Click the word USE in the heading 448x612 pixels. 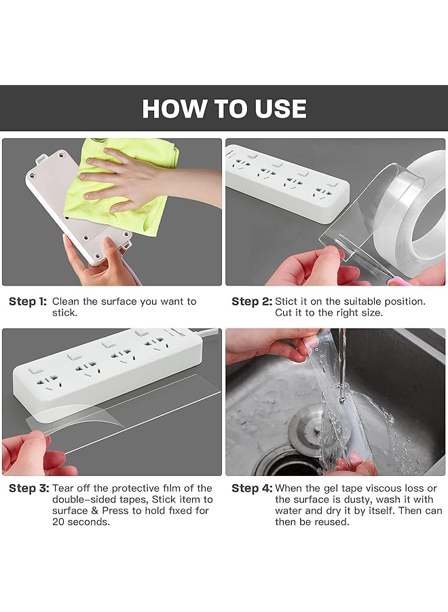coord(280,108)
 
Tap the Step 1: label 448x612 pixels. coord(28,301)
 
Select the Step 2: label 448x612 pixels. coord(252,301)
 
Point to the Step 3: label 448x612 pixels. coord(29,488)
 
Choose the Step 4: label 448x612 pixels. coord(252,488)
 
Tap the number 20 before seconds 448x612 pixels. coord(58,522)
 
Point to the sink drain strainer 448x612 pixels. coord(307,429)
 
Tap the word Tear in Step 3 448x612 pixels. coord(63,488)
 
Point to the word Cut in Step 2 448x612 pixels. coord(283,313)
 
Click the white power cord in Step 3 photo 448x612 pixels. coord(210,333)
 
